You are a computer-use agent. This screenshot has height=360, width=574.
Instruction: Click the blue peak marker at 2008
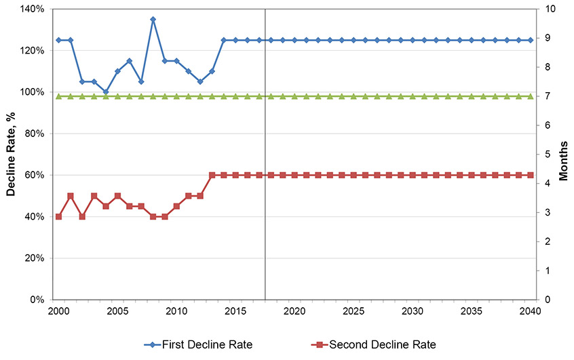153,20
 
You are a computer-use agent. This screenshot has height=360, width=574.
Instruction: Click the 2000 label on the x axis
58,311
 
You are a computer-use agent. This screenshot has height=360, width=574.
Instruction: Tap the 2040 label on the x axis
531,311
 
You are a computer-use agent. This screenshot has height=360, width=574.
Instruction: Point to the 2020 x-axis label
294,311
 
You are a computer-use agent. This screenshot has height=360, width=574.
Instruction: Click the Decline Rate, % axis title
11,155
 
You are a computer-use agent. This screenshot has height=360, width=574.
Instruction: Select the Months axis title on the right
564,155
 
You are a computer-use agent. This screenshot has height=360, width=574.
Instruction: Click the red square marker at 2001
71,196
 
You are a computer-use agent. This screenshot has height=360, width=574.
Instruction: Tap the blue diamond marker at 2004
106,92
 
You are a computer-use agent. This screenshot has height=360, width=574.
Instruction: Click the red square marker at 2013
212,175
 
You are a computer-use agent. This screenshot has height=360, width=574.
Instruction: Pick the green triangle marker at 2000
58,96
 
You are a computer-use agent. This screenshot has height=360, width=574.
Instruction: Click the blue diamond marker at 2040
531,40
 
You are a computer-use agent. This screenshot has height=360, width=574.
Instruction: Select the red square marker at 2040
531,175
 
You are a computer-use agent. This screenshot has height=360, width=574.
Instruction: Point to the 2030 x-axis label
413,311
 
